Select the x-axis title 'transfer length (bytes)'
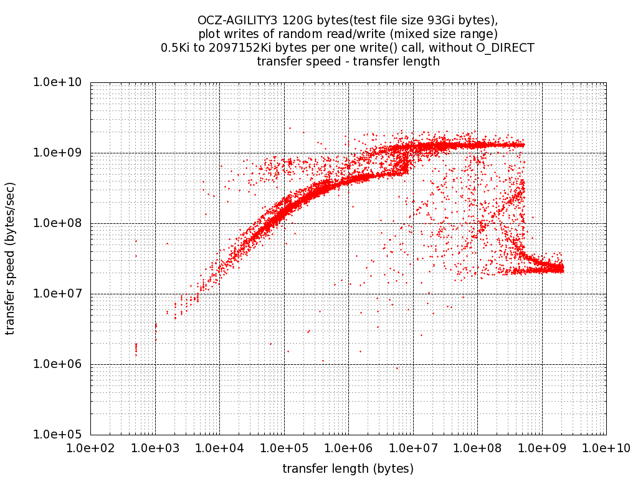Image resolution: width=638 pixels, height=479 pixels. tap(348, 468)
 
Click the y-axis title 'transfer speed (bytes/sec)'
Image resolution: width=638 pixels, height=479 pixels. tap(11, 258)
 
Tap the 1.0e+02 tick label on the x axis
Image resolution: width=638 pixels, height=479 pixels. tap(90, 447)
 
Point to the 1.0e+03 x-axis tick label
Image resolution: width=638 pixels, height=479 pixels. tap(155, 447)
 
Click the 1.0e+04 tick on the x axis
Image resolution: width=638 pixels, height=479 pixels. tap(219, 447)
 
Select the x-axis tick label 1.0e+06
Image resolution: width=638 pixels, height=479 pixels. tap(348, 447)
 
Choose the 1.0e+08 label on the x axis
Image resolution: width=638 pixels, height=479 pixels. tap(477, 447)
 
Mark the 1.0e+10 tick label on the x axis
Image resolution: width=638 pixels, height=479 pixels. tap(606, 447)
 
